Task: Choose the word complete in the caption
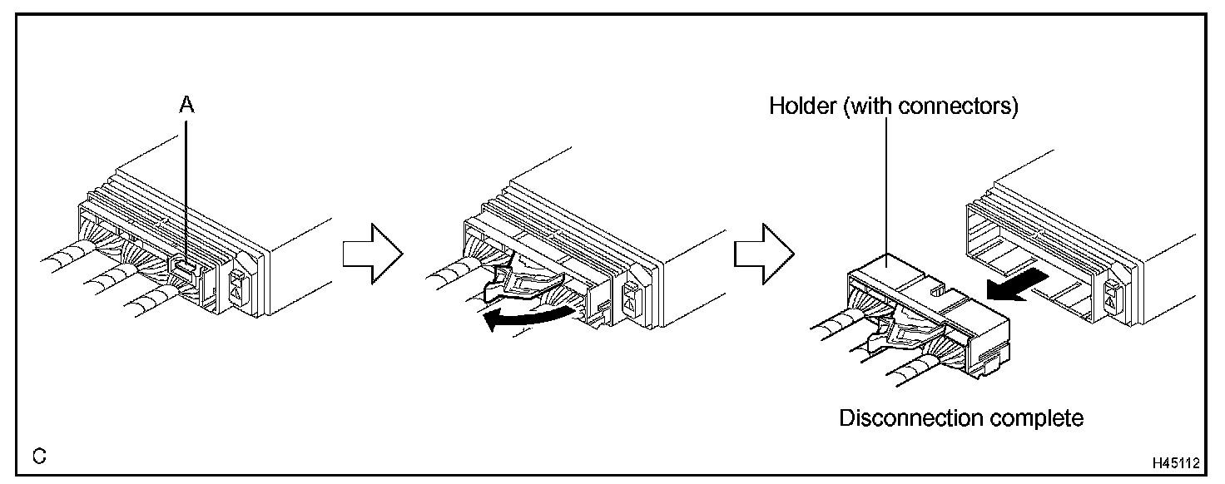pos(1041,417)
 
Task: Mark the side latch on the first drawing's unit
pos(238,288)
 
